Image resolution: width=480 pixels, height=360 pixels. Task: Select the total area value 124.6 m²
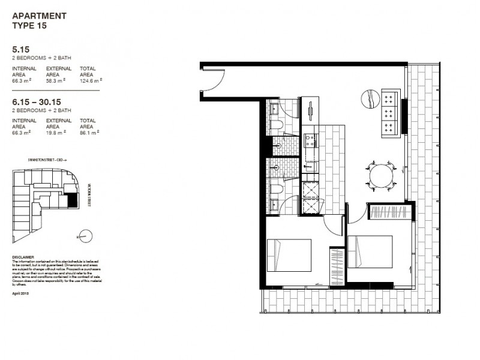91,79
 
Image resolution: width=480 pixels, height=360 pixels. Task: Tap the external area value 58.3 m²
58,79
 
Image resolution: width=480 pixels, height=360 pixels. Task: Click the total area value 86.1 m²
89,131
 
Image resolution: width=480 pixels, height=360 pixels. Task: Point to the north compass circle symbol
85,236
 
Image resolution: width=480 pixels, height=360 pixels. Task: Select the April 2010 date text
20,293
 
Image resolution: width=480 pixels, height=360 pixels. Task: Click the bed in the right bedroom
370,250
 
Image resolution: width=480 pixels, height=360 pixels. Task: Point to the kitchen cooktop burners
312,141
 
